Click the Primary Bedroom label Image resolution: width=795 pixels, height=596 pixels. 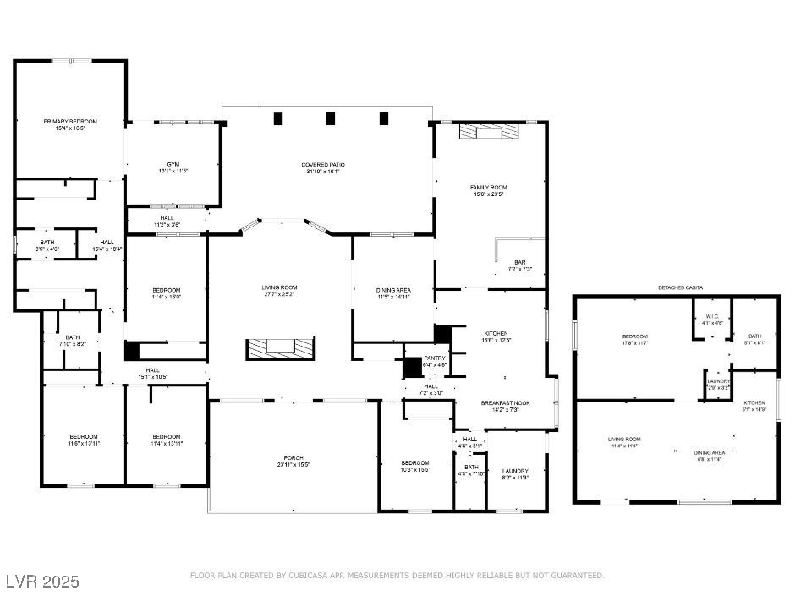click(70, 122)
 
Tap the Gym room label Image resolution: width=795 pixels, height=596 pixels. click(173, 164)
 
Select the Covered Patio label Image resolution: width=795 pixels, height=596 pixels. click(323, 165)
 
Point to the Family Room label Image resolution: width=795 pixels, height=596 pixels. click(488, 187)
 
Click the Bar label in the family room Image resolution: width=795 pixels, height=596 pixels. click(520, 263)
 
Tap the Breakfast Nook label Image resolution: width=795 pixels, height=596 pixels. click(505, 403)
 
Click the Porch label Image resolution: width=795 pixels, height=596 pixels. click(293, 457)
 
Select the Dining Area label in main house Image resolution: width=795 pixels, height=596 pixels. click(393, 290)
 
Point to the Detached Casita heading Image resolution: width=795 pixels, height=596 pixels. click(681, 288)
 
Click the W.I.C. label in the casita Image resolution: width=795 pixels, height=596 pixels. click(712, 317)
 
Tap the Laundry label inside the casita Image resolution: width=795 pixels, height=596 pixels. click(716, 381)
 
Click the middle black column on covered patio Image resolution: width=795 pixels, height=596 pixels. click(331, 119)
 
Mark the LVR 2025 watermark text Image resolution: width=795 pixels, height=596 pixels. click(42, 582)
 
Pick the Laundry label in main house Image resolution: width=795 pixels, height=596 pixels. click(515, 471)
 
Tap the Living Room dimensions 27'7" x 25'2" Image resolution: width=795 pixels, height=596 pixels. click(279, 295)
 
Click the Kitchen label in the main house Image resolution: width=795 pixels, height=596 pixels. click(495, 333)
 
